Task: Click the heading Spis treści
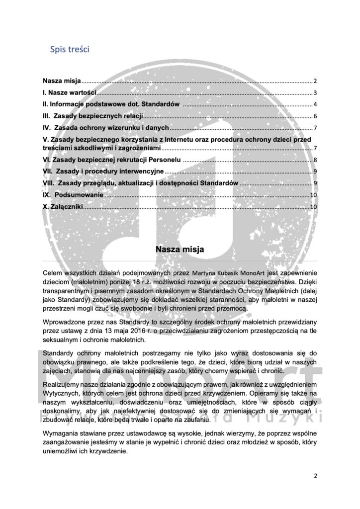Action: click(70, 49)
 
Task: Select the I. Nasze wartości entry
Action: click(69, 92)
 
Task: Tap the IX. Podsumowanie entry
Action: click(73, 195)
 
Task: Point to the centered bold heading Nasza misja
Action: click(180, 249)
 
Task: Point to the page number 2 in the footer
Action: click(315, 475)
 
